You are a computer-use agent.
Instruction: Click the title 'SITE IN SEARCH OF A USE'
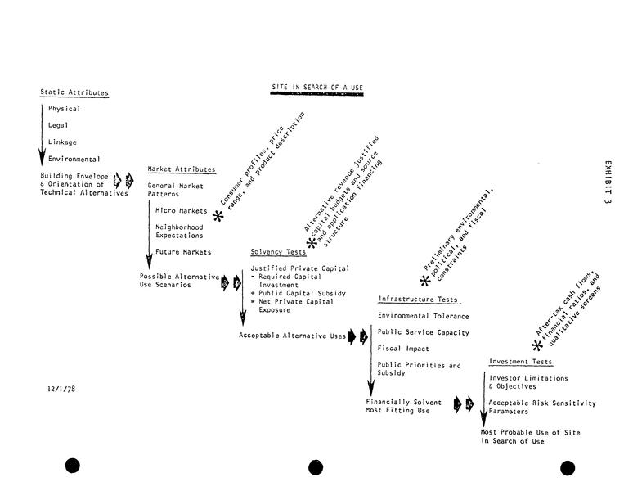click(x=317, y=87)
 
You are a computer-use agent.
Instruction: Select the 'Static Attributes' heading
click(x=74, y=92)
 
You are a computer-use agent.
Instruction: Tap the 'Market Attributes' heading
click(x=182, y=169)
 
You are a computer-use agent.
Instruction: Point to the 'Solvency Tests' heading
click(x=278, y=252)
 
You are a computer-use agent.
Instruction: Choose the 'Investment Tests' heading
click(x=520, y=362)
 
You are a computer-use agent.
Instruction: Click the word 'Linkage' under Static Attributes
click(x=62, y=142)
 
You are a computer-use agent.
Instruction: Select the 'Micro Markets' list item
click(x=181, y=210)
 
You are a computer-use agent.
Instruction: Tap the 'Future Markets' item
click(x=183, y=252)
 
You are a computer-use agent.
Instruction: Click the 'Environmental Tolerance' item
click(x=423, y=316)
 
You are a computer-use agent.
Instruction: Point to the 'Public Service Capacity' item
click(x=423, y=332)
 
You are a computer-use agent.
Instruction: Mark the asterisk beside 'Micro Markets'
click(x=218, y=216)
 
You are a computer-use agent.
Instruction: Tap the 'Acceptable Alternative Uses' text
click(x=292, y=335)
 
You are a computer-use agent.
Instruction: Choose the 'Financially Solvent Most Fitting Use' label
click(x=403, y=406)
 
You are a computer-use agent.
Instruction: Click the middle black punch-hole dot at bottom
click(x=316, y=466)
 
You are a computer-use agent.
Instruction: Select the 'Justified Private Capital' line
click(x=299, y=268)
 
